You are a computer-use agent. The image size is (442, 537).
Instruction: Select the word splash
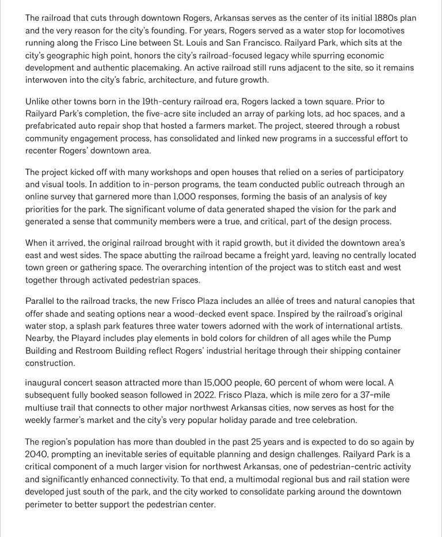pyautogui.click(x=89, y=326)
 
